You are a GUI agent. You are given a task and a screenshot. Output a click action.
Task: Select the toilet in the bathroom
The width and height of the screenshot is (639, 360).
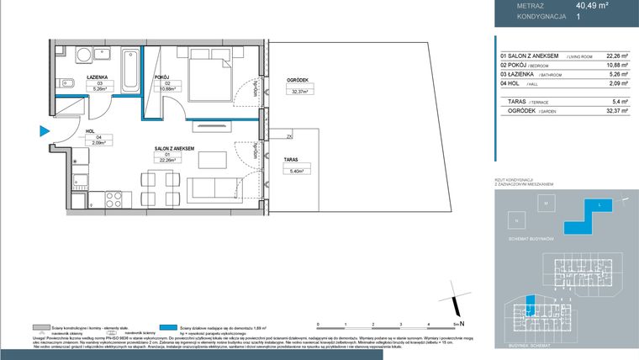coord(65,84)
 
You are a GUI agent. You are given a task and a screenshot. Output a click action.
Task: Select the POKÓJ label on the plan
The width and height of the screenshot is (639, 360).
coord(162,77)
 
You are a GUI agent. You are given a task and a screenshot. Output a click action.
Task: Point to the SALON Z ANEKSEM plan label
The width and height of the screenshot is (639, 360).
coord(174,148)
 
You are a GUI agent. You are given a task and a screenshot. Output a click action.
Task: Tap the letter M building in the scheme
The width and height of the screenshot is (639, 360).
coord(545,204)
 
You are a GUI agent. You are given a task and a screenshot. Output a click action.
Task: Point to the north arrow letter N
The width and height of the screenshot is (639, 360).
coord(462,322)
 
